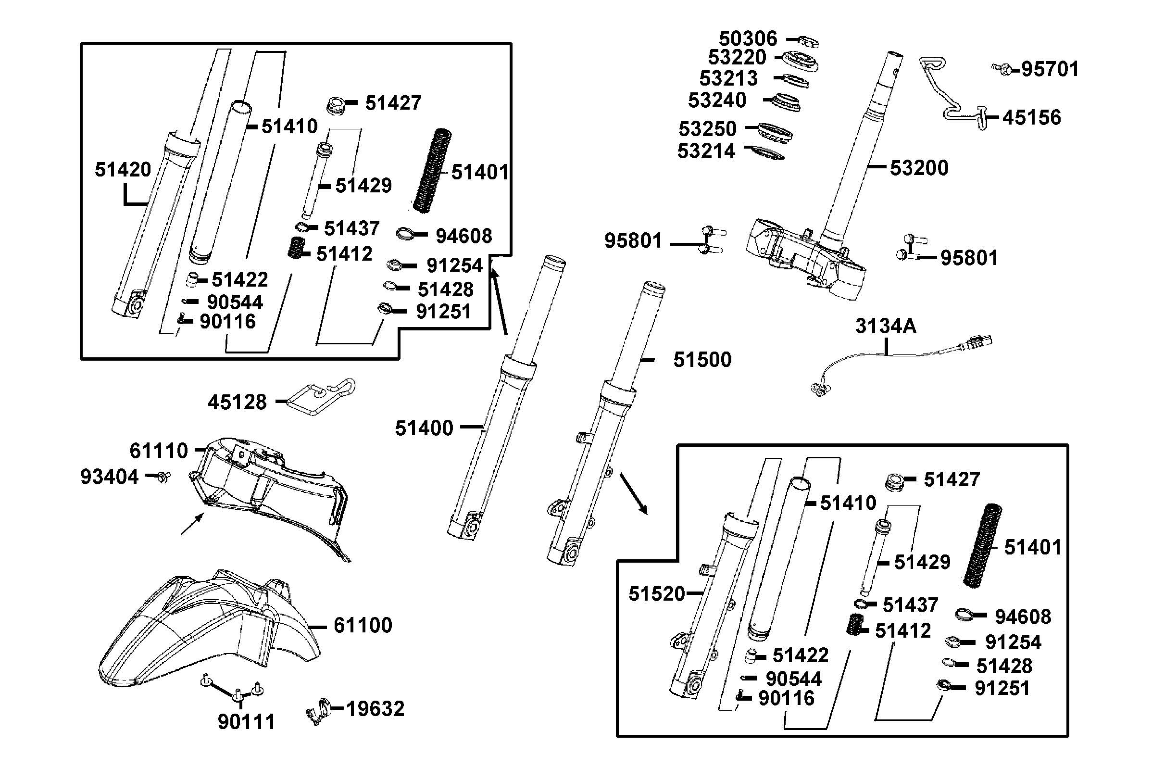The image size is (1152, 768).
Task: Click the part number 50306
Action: point(747,38)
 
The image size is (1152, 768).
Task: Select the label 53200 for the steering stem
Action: point(918,168)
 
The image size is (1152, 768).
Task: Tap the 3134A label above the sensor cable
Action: point(885,326)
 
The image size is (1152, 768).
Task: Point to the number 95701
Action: point(1050,70)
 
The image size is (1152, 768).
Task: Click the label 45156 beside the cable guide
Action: point(1031,118)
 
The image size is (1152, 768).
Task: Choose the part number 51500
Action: point(701,360)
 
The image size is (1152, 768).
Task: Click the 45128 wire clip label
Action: point(237,403)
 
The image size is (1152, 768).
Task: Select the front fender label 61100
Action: point(363,626)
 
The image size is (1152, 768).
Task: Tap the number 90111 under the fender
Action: point(246,722)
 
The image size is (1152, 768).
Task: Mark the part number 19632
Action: point(375,709)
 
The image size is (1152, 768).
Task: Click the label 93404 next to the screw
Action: point(109,477)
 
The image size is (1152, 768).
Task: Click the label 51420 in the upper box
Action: point(123,170)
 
